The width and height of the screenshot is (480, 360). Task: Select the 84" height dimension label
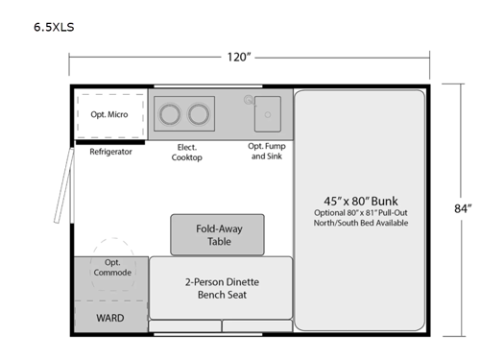pyautogui.click(x=463, y=208)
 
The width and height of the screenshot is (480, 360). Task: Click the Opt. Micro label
pyautogui.click(x=110, y=115)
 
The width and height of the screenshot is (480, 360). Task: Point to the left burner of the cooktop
pyautogui.click(x=171, y=114)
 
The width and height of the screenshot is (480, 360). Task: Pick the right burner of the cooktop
pyautogui.click(x=199, y=114)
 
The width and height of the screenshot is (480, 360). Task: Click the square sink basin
pyautogui.click(x=267, y=114)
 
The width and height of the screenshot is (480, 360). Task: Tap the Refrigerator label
pyautogui.click(x=110, y=152)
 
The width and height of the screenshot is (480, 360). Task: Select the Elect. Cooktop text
pyautogui.click(x=187, y=152)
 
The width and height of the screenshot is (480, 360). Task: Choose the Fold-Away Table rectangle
pyautogui.click(x=217, y=234)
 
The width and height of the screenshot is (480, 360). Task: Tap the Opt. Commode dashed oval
pyautogui.click(x=112, y=266)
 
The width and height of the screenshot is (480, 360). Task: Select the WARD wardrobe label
pyautogui.click(x=111, y=317)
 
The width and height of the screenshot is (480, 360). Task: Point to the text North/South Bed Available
pyautogui.click(x=360, y=223)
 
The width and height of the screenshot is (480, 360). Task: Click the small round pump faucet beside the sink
pyautogui.click(x=249, y=99)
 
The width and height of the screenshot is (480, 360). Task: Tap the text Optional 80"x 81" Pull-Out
pyautogui.click(x=360, y=212)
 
